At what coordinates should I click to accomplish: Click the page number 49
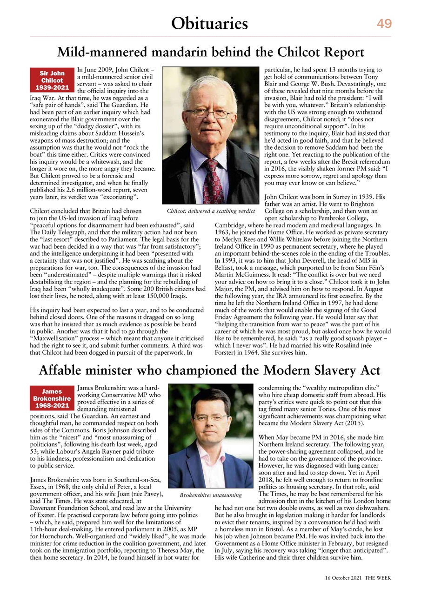click(384, 24)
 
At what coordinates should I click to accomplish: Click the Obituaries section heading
click(209, 23)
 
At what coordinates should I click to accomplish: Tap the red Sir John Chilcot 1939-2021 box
click(52, 80)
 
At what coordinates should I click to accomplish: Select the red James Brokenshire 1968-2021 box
click(52, 399)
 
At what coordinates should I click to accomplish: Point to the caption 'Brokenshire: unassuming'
click(211, 495)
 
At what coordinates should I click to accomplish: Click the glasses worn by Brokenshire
click(211, 417)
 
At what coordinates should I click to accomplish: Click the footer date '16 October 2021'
click(342, 577)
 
